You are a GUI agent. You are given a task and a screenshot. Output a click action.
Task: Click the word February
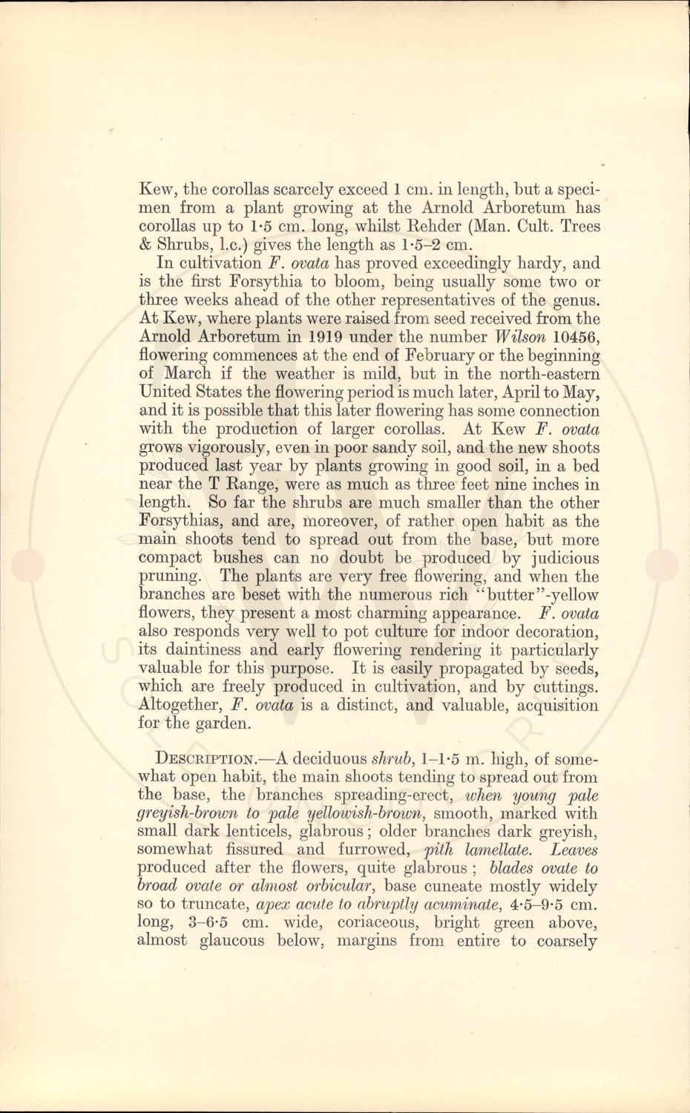tap(427, 356)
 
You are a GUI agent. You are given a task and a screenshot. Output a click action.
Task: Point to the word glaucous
tap(231, 942)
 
